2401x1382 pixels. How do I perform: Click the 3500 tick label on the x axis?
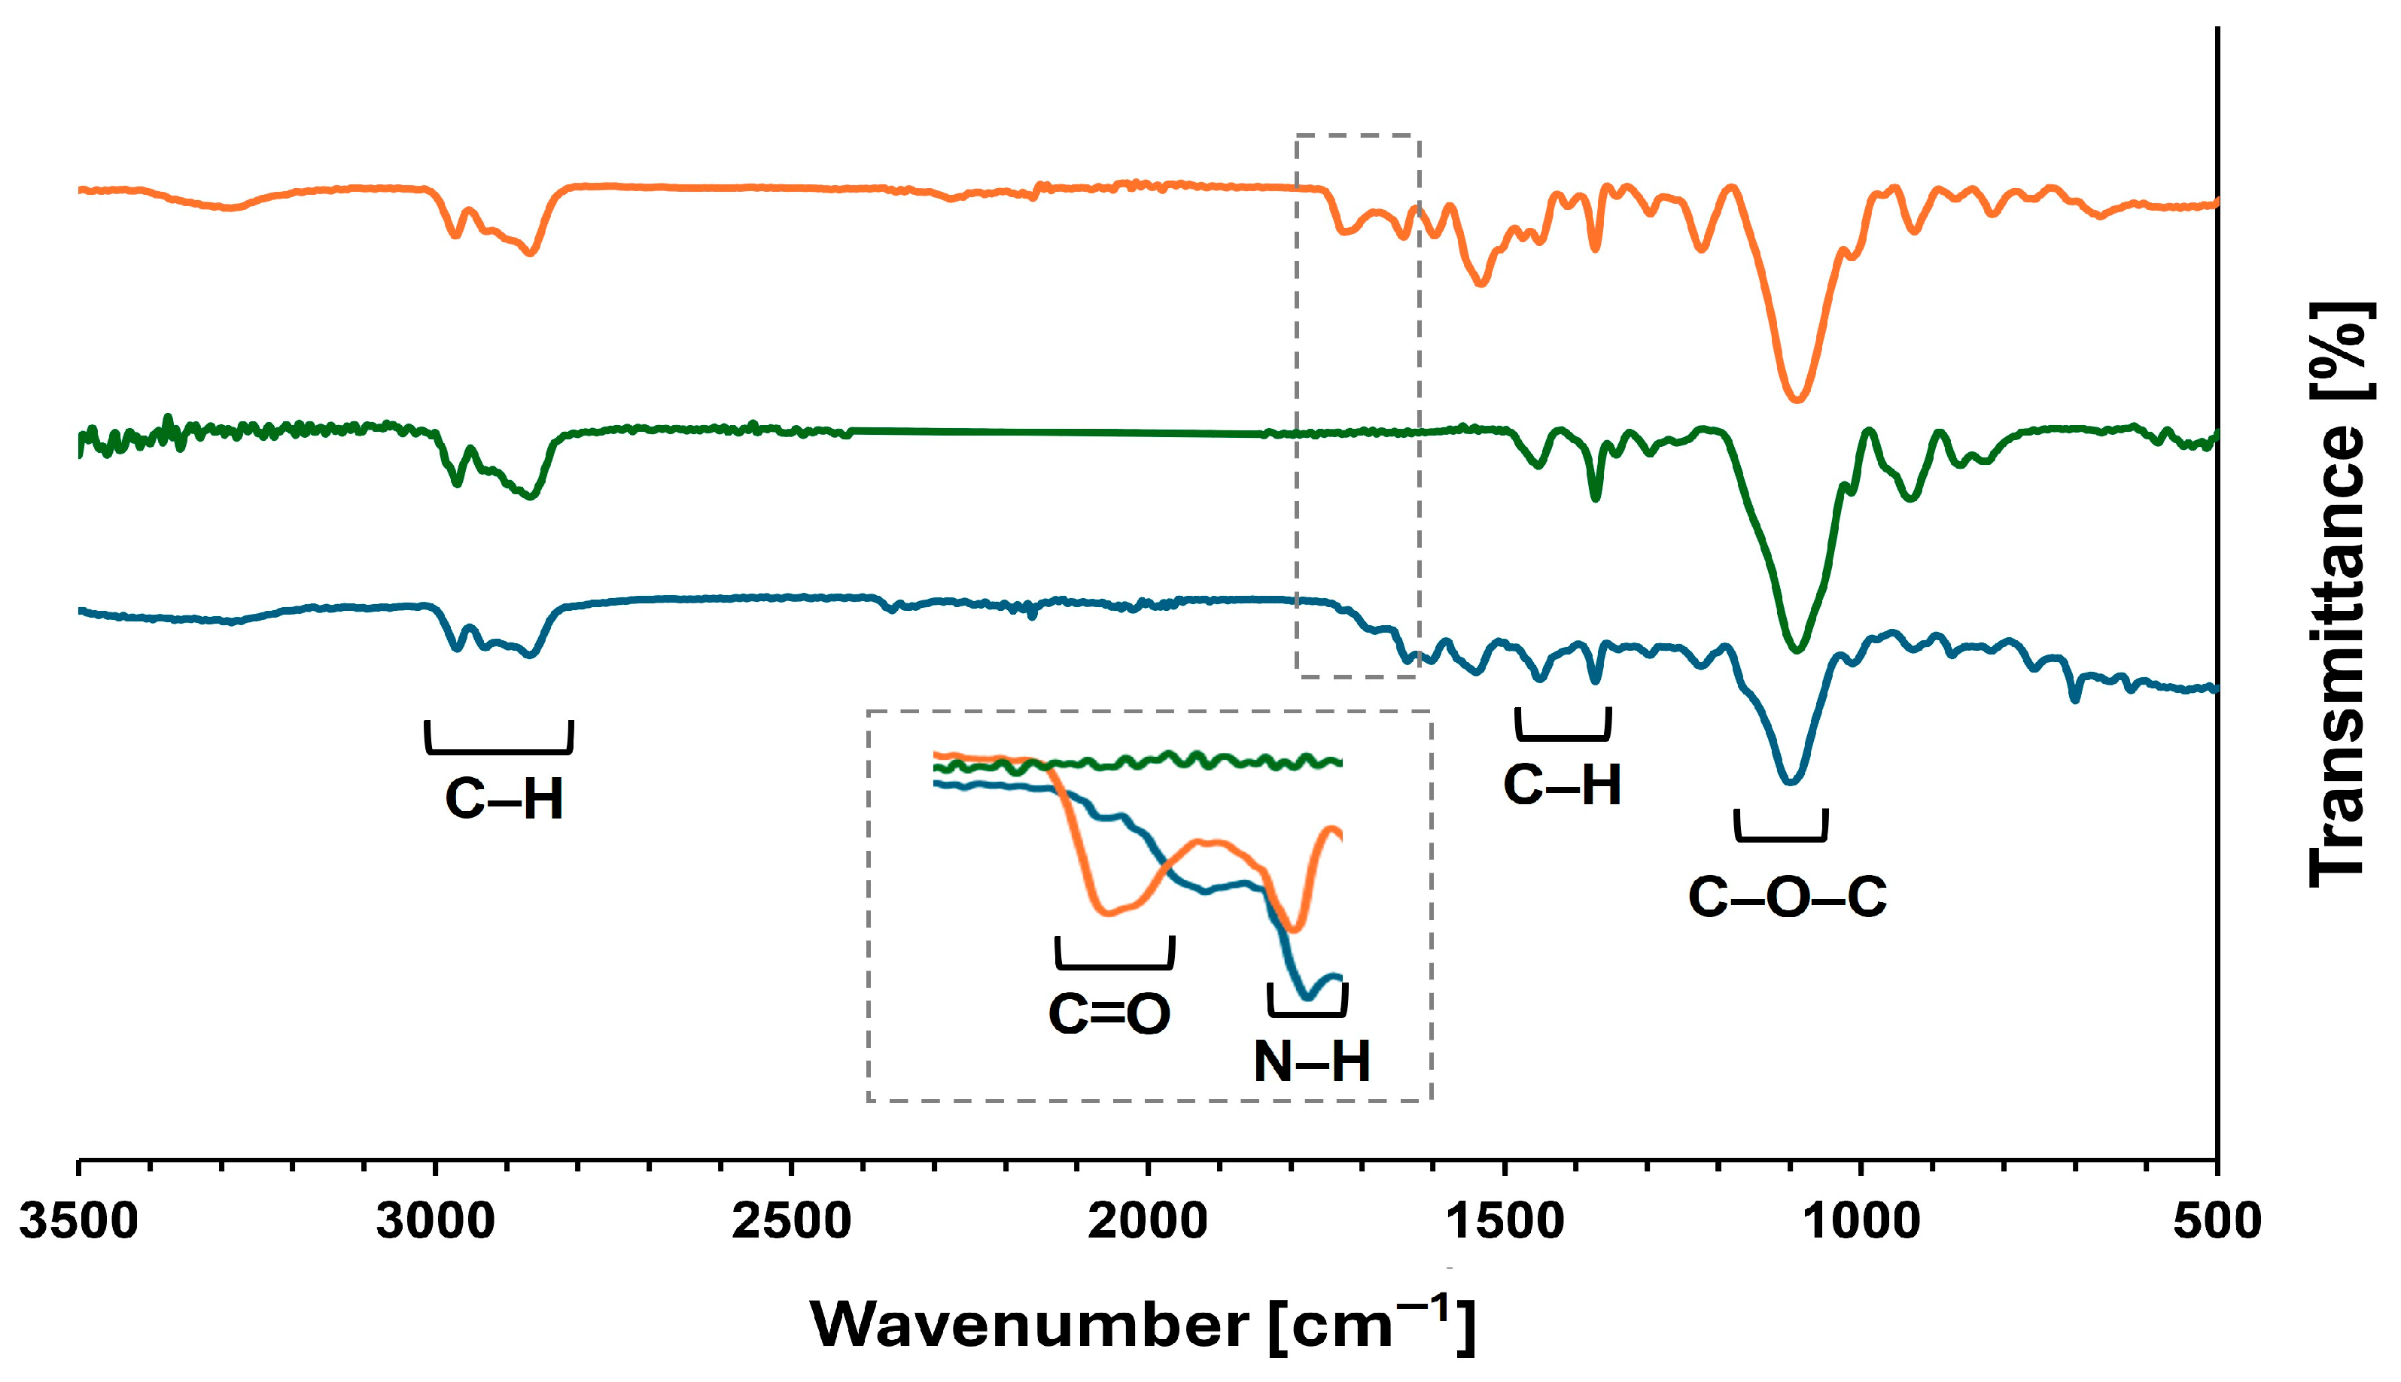pyautogui.click(x=79, y=1222)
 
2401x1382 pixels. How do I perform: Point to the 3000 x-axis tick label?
pyautogui.click(x=435, y=1222)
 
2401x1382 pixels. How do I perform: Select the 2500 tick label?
pyautogui.click(x=791, y=1222)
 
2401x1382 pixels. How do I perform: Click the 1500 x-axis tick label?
pyautogui.click(x=1504, y=1222)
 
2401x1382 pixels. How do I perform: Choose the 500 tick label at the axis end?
pyautogui.click(x=2217, y=1222)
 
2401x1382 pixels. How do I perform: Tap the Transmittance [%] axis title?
pyautogui.click(x=2339, y=595)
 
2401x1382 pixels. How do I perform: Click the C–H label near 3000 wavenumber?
pyautogui.click(x=504, y=799)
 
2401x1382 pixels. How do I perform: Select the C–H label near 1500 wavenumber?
pyautogui.click(x=1562, y=786)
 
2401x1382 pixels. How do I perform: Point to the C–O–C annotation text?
pyautogui.click(x=1787, y=897)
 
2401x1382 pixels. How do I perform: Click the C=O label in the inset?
pyautogui.click(x=1109, y=1013)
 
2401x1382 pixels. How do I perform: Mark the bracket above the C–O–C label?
pyautogui.click(x=1781, y=828)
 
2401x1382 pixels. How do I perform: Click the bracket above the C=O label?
pyautogui.click(x=1115, y=956)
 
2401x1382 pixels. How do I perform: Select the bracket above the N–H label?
pyautogui.click(x=1307, y=1004)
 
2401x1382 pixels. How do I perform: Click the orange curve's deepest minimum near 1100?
pyautogui.click(x=1795, y=399)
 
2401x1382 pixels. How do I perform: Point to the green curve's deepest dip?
pyautogui.click(x=1795, y=650)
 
